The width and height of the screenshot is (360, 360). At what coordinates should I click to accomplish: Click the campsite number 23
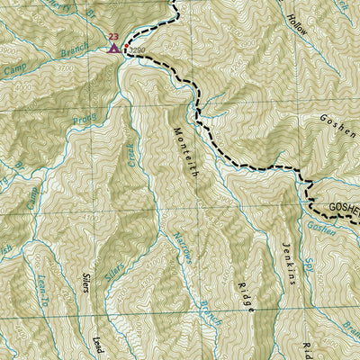tap(112, 37)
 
